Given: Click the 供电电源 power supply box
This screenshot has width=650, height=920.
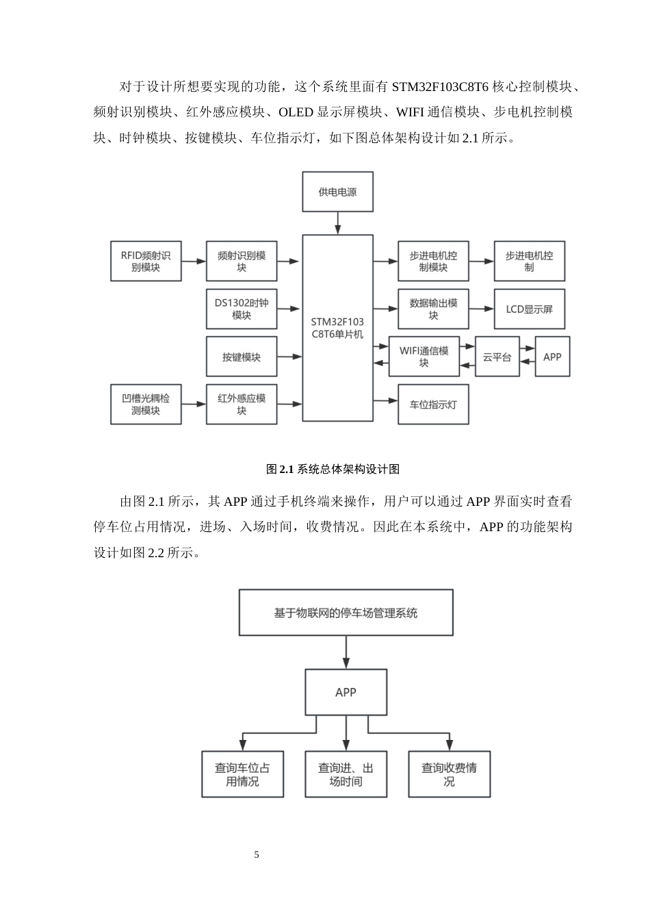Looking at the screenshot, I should point(337,192).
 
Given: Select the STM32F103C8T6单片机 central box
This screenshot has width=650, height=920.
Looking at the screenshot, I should point(337,328).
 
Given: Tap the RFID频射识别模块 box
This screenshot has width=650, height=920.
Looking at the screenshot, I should point(146,261).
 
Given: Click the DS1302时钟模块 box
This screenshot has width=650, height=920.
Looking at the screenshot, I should point(242,309).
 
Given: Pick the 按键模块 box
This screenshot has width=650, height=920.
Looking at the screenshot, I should point(242,357).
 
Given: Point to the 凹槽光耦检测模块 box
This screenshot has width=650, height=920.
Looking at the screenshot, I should point(146,404).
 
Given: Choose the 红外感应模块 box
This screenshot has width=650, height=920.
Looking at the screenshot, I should point(242,404).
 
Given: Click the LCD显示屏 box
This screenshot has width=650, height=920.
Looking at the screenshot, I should point(529,309).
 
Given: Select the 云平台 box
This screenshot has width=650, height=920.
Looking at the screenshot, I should point(497,357).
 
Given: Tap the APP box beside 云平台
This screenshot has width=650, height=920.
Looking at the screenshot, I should point(552,357).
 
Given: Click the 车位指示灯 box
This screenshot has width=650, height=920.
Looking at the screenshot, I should point(433,404).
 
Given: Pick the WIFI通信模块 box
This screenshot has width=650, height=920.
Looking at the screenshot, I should point(424,357).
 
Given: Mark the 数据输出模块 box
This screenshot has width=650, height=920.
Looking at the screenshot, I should point(433,309).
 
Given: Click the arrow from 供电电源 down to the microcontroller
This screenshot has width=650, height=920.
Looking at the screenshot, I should point(337,223).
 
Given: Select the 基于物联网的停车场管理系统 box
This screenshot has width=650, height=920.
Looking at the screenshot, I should point(346,613).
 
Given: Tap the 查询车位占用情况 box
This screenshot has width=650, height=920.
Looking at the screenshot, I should point(242,774).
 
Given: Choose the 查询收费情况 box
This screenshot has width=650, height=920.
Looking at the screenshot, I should point(449,774).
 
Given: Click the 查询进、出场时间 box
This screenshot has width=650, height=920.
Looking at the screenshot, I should point(346,774).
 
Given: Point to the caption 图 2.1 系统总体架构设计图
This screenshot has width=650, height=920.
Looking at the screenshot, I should point(333,469).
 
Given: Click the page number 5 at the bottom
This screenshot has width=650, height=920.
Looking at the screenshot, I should point(257,854).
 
